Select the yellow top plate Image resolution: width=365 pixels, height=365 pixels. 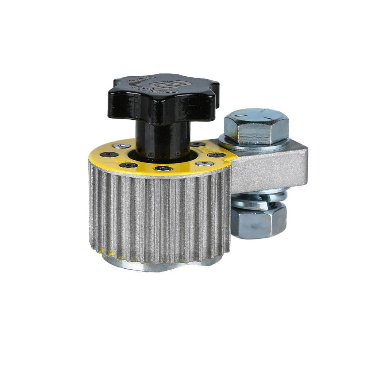(109, 161)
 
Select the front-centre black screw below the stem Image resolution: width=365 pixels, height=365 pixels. (163, 168)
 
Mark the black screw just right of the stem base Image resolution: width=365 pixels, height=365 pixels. (197, 145)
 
